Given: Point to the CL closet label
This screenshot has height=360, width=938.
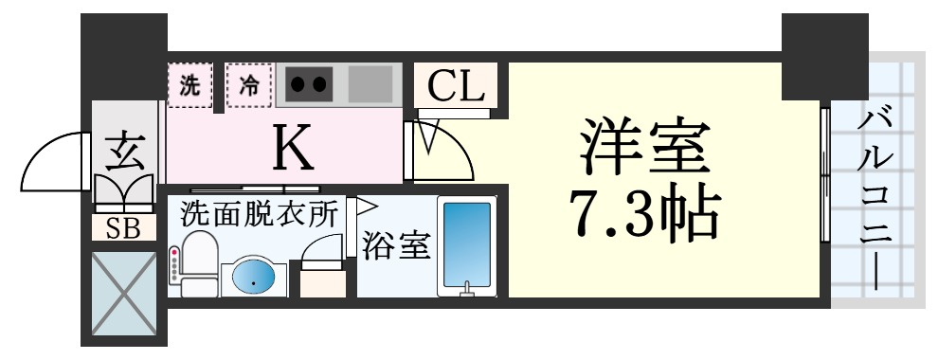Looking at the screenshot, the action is tap(456, 87).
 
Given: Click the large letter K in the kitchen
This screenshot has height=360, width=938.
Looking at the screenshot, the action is tap(293, 144).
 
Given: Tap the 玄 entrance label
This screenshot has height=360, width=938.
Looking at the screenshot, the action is tap(123, 152).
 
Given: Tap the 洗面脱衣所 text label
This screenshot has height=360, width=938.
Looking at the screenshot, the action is tap(259, 214).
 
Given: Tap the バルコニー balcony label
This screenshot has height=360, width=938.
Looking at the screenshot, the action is tap(877, 199).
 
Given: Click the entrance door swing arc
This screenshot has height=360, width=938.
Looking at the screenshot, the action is tap(57, 161).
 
